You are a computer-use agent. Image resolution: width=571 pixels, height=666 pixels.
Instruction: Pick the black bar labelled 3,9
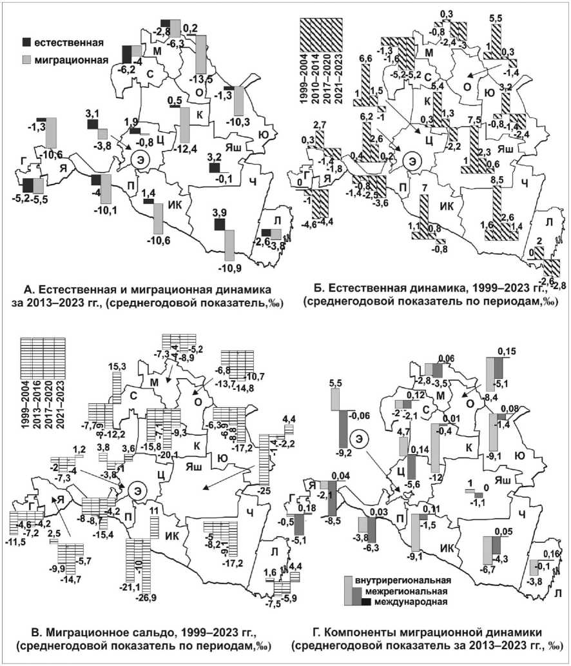[x=220, y=224]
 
